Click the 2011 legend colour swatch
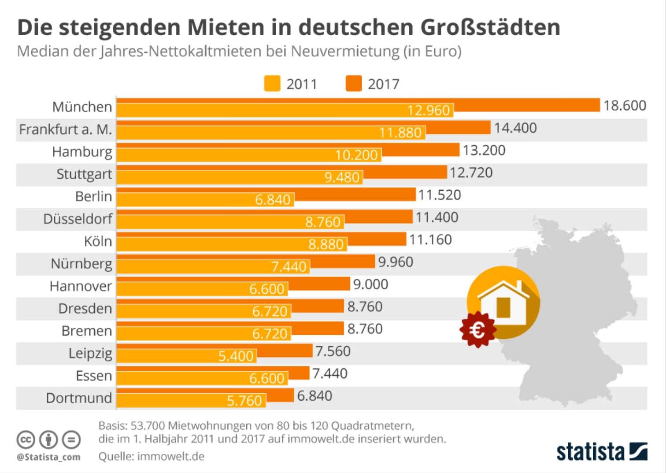point(272,84)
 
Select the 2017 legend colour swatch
point(353,84)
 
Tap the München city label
point(82,107)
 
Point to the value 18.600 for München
point(624,106)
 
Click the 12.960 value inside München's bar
point(428,110)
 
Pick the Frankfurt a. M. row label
point(65,129)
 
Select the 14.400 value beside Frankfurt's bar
point(515,128)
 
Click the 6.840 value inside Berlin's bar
point(273,200)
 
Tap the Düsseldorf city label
point(78,219)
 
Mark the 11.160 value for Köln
point(430,240)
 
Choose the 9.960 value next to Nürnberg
point(396,262)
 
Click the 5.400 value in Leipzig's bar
point(236,356)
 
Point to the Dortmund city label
point(79,398)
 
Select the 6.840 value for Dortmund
point(314,396)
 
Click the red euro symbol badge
point(477,330)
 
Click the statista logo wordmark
point(590,452)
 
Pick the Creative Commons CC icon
point(26,440)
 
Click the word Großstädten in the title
point(490,27)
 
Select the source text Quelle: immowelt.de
point(151,456)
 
